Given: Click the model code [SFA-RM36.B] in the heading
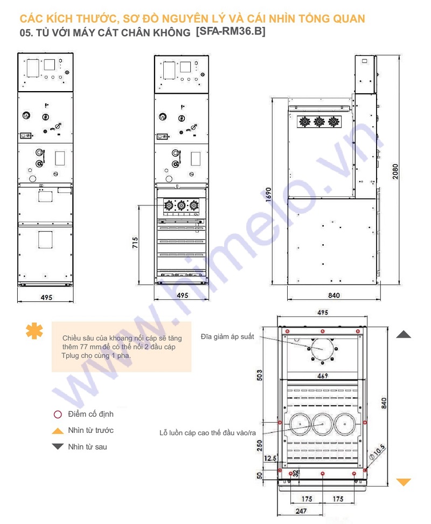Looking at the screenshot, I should click(230, 32).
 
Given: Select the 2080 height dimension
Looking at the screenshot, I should click(396, 171).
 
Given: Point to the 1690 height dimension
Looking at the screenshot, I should click(269, 197).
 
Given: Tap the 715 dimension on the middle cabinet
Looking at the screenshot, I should click(135, 246).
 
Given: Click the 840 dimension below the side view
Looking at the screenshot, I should click(334, 295).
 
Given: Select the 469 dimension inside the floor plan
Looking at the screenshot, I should click(322, 376).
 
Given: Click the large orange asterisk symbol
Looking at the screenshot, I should click(34, 331).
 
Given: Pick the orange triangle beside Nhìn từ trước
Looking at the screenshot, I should click(58, 431).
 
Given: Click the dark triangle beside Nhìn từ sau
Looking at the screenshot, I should click(58, 446).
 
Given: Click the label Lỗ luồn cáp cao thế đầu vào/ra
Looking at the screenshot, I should click(207, 433).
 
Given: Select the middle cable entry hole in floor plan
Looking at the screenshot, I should click(322, 425).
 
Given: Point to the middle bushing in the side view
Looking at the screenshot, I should click(319, 122).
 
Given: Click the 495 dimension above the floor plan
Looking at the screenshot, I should click(322, 313).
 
